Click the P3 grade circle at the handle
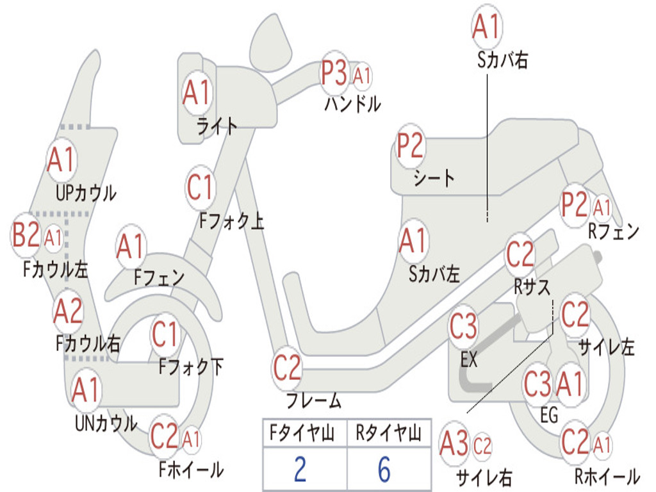[x=334, y=74]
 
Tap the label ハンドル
[x=352, y=103]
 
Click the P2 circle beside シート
[x=410, y=147]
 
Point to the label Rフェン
[x=614, y=232]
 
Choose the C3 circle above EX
[x=463, y=327]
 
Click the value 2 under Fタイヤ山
[x=300, y=470]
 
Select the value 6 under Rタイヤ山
[x=384, y=470]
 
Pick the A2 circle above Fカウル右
[x=68, y=312]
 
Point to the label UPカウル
[x=86, y=193]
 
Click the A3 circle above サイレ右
[x=455, y=445]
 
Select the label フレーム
[x=313, y=402]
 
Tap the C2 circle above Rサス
[x=520, y=255]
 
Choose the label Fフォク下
[x=191, y=368]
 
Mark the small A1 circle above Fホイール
[x=191, y=439]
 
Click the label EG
[x=549, y=415]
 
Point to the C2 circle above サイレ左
[x=575, y=314]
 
